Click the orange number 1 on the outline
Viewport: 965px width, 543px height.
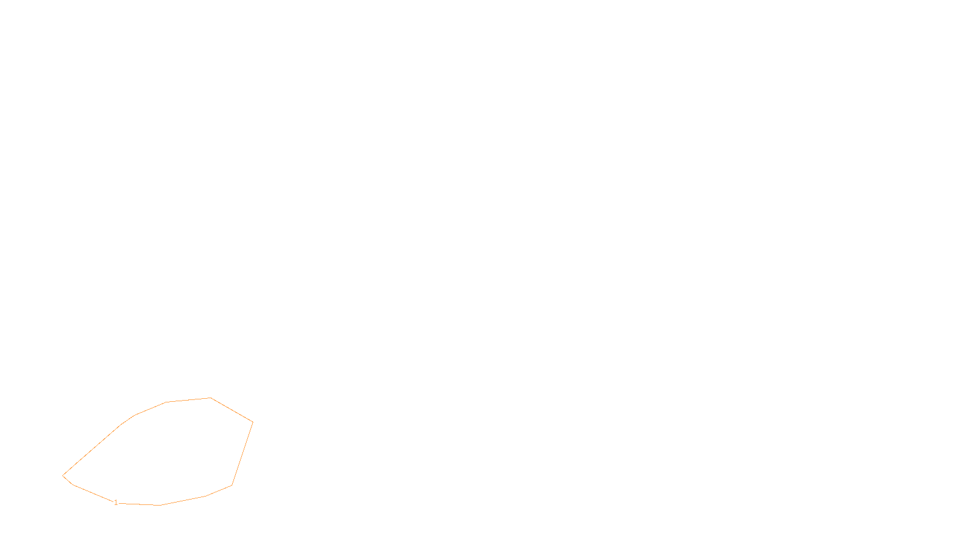tap(116, 503)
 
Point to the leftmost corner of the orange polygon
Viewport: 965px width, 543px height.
tap(63, 475)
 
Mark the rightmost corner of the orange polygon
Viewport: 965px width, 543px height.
tap(253, 422)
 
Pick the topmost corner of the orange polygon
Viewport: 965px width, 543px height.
tap(210, 398)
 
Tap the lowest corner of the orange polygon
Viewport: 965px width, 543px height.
tap(160, 505)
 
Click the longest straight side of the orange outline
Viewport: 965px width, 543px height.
tap(92, 450)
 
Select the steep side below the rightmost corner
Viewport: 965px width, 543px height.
tap(242, 453)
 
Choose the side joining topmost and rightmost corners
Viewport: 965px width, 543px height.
tap(232, 410)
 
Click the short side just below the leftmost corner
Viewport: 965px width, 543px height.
tap(68, 480)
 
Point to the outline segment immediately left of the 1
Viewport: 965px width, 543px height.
tap(93, 494)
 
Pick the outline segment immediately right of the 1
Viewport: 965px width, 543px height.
tap(139, 504)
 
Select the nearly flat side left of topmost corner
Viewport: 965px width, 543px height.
tap(188, 400)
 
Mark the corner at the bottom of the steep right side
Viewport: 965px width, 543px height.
tap(232, 485)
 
